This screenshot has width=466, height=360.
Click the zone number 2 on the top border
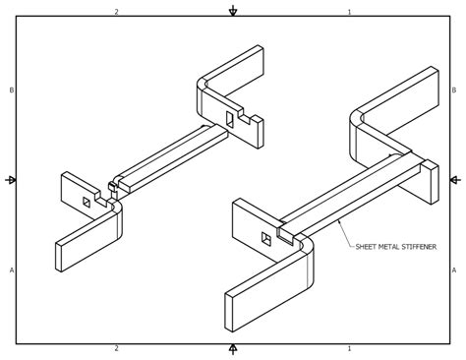[x=116, y=12]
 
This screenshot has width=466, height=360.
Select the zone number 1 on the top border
[x=349, y=12]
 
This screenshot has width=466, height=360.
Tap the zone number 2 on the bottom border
[x=116, y=348]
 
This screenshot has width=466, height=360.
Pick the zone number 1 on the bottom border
[x=349, y=348]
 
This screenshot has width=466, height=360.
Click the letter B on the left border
[x=12, y=90]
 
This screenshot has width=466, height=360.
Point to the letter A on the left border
[x=12, y=270]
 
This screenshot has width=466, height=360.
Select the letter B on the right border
[x=454, y=90]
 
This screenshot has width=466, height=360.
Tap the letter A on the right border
[x=454, y=270]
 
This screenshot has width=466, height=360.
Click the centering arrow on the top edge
[x=233, y=12]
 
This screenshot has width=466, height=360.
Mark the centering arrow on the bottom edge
[x=233, y=348]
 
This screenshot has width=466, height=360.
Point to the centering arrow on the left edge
[x=12, y=180]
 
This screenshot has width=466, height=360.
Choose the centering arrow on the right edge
[x=454, y=180]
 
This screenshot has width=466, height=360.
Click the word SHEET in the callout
[x=367, y=247]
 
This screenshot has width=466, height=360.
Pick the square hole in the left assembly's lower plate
[x=87, y=202]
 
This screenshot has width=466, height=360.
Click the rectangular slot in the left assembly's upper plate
[x=229, y=119]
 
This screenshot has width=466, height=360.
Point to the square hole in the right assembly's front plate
[x=265, y=238]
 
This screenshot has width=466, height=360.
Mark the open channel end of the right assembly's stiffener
[x=286, y=235]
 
